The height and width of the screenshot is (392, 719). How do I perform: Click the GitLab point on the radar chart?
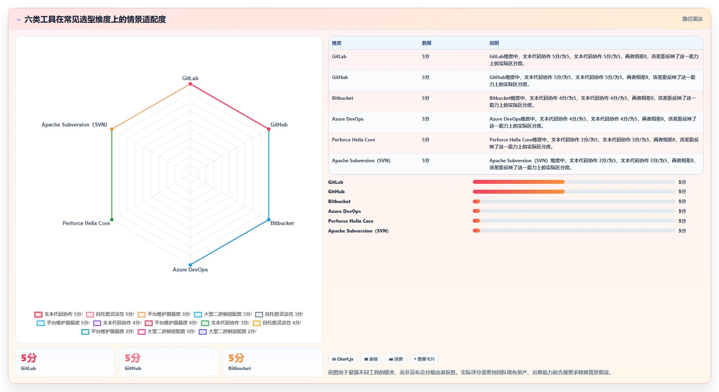point(190,84)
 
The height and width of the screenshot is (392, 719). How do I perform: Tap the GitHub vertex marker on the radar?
point(269,129)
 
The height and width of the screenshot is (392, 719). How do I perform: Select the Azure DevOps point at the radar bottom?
point(190,265)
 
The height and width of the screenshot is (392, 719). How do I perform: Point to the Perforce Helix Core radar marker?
point(112,220)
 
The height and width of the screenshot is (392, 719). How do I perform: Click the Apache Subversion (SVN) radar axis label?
point(74,125)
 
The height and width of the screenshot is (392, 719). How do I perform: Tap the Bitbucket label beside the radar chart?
point(282,223)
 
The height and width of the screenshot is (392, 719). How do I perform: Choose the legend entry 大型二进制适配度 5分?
point(166,332)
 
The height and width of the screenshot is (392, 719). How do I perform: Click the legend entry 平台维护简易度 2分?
point(108,332)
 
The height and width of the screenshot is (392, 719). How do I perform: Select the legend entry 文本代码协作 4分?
point(117,323)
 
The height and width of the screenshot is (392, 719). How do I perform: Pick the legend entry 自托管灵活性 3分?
point(279,314)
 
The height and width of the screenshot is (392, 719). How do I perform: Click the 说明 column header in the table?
point(494,43)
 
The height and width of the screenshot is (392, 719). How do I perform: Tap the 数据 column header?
point(426,43)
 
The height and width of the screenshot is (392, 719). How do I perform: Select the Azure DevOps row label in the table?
point(348,119)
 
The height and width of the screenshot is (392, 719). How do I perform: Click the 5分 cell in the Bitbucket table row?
point(426,98)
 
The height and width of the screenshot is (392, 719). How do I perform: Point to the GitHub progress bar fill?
point(518,192)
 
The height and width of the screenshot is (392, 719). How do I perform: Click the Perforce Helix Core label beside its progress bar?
point(351,221)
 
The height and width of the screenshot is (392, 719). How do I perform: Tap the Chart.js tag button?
point(343,359)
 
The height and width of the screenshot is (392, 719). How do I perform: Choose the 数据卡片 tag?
point(424,359)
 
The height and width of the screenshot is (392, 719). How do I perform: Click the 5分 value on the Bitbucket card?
point(236,358)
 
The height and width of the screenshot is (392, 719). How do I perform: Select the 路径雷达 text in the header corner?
point(692,19)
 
